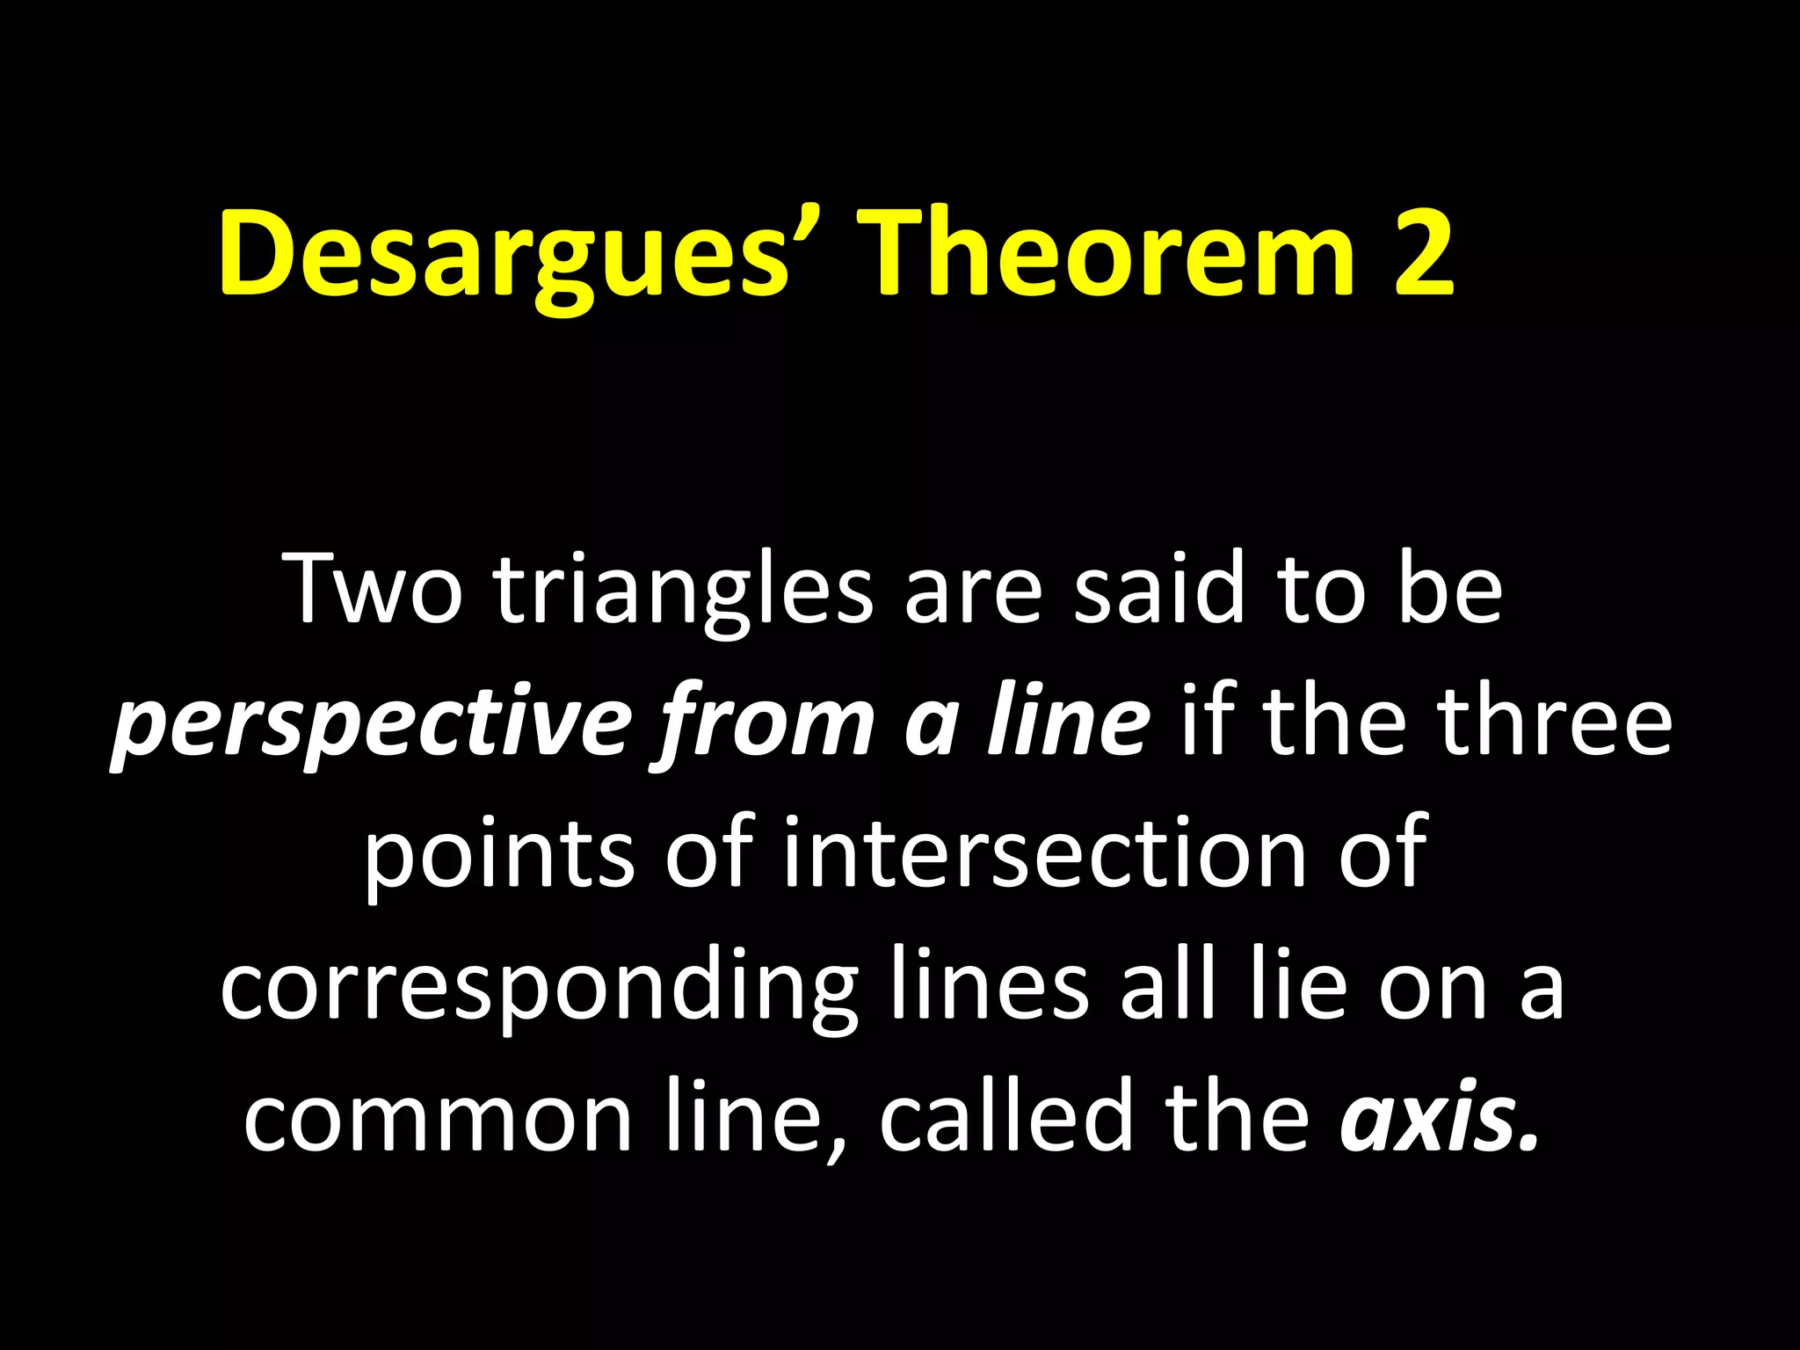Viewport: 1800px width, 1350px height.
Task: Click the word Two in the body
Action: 376,589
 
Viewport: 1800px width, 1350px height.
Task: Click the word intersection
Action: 1044,853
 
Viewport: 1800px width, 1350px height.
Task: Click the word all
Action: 1165,984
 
